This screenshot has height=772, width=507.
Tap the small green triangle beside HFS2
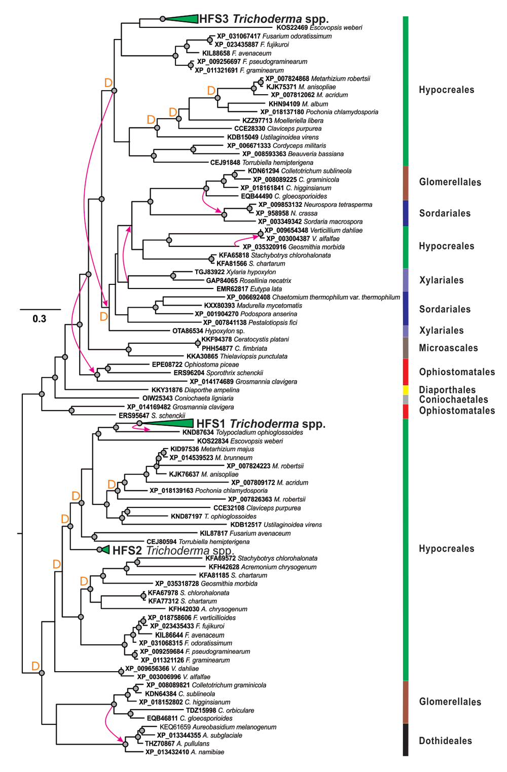pyautogui.click(x=105, y=549)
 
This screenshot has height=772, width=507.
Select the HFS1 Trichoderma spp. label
pyautogui.click(x=261, y=424)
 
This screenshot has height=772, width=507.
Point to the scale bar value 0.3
pyautogui.click(x=40, y=319)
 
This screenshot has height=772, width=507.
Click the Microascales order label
pyautogui.click(x=448, y=348)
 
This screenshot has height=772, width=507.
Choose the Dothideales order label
pyautogui.click(x=445, y=741)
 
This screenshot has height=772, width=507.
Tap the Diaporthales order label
pyautogui.click(x=447, y=390)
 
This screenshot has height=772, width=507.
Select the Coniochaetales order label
pyautogui.click(x=453, y=399)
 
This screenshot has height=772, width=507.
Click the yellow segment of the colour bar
pyautogui.click(x=406, y=390)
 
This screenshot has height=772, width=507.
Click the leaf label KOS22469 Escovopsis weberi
pyautogui.click(x=319, y=28)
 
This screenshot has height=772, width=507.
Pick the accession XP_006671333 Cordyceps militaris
pyautogui.click(x=276, y=146)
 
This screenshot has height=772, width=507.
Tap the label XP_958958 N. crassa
pyautogui.click(x=286, y=213)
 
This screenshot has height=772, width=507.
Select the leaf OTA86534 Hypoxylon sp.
pyautogui.click(x=208, y=331)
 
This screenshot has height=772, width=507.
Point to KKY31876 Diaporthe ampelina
pyautogui.click(x=195, y=390)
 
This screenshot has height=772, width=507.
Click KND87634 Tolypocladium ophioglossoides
pyautogui.click(x=242, y=433)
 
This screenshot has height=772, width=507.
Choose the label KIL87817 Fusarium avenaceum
pyautogui.click(x=245, y=533)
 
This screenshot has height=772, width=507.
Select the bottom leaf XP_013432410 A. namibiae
pyautogui.click(x=185, y=752)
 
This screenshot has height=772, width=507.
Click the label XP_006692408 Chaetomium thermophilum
pyautogui.click(x=313, y=298)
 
